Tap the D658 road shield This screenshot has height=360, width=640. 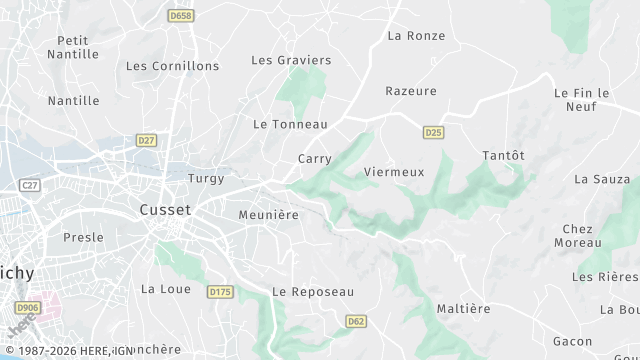click(181, 16)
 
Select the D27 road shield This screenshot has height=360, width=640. click(147, 141)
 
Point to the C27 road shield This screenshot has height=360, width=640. click(30, 185)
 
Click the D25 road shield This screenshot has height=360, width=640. click(433, 132)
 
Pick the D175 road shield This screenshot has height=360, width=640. click(219, 291)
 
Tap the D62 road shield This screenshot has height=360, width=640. click(355, 321)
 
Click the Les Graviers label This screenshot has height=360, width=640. click(291, 60)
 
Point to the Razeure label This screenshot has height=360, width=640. click(411, 91)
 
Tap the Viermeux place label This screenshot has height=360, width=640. click(394, 172)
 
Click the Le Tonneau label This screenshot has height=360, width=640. click(291, 124)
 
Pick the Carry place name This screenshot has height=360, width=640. click(314, 159)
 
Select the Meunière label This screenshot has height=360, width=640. click(269, 215)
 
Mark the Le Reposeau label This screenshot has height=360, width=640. click(313, 292)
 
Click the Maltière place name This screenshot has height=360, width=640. click(464, 309)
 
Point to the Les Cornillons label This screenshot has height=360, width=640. click(172, 66)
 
